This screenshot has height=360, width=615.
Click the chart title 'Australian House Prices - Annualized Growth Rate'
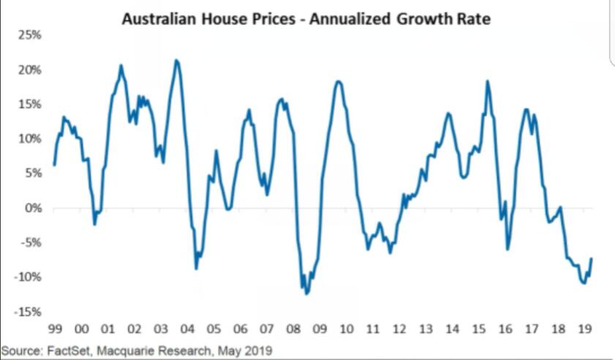[x=306, y=19]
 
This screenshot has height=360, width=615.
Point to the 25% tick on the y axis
[x=29, y=35]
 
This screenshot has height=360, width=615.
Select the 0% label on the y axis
[x=32, y=208]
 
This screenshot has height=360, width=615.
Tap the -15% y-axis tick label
[x=29, y=312]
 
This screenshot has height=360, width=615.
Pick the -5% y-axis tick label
[x=31, y=242]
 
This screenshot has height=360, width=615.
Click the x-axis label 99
[x=55, y=328]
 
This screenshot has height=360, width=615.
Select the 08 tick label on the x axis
[x=293, y=328]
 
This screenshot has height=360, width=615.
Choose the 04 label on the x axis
[x=187, y=328]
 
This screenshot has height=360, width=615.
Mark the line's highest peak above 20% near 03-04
[x=176, y=60]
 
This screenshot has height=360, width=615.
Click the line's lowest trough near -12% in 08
[x=306, y=294]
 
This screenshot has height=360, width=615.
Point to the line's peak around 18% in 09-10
[x=338, y=80]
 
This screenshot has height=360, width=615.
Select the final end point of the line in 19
[x=591, y=258]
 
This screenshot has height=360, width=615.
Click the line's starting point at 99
[x=55, y=165]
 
